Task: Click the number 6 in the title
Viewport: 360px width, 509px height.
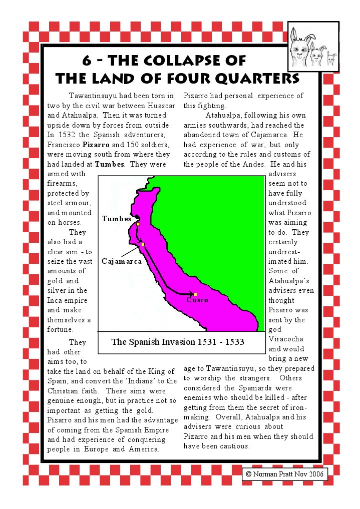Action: [87, 61]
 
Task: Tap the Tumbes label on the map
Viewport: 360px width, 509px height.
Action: [117, 219]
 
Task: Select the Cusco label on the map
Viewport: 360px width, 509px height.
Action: [197, 300]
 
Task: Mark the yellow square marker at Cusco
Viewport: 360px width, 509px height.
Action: [195, 294]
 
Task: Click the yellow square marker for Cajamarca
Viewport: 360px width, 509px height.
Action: [143, 244]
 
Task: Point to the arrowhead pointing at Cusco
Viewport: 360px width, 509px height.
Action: [191, 294]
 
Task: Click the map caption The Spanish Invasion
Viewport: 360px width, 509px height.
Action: [178, 342]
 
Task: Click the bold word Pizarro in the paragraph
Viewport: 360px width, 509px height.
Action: [95, 144]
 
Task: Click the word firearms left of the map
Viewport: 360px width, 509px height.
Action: [62, 183]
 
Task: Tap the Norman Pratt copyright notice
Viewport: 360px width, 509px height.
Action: [284, 473]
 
